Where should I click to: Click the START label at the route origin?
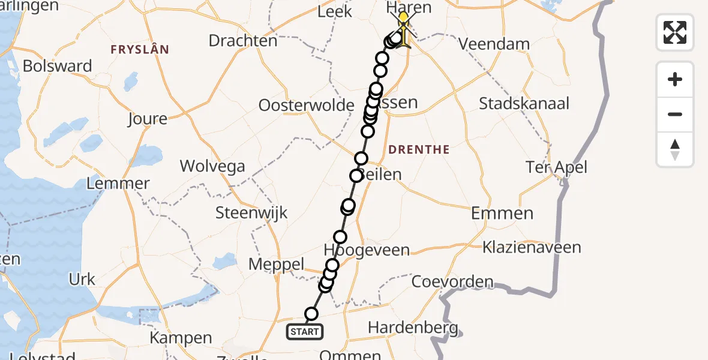coord(305,331)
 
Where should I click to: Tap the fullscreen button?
coord(675,32)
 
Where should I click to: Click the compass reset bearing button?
coord(675,149)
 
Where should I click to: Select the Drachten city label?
coord(243,41)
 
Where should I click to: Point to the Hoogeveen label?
coord(367,250)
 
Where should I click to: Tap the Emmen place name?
coord(502,213)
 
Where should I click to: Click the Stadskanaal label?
coord(524,103)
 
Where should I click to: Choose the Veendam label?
coord(494,44)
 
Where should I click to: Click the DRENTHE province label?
coord(419,149)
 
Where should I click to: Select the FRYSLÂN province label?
coord(139,50)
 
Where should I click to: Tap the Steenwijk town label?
coord(251,212)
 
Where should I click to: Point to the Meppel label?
coord(277,265)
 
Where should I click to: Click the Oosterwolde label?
coord(306,106)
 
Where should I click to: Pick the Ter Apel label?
coord(556,167)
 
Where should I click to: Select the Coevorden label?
coord(453,281)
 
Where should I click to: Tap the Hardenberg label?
coord(413,328)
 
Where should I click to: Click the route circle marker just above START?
coord(311,314)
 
